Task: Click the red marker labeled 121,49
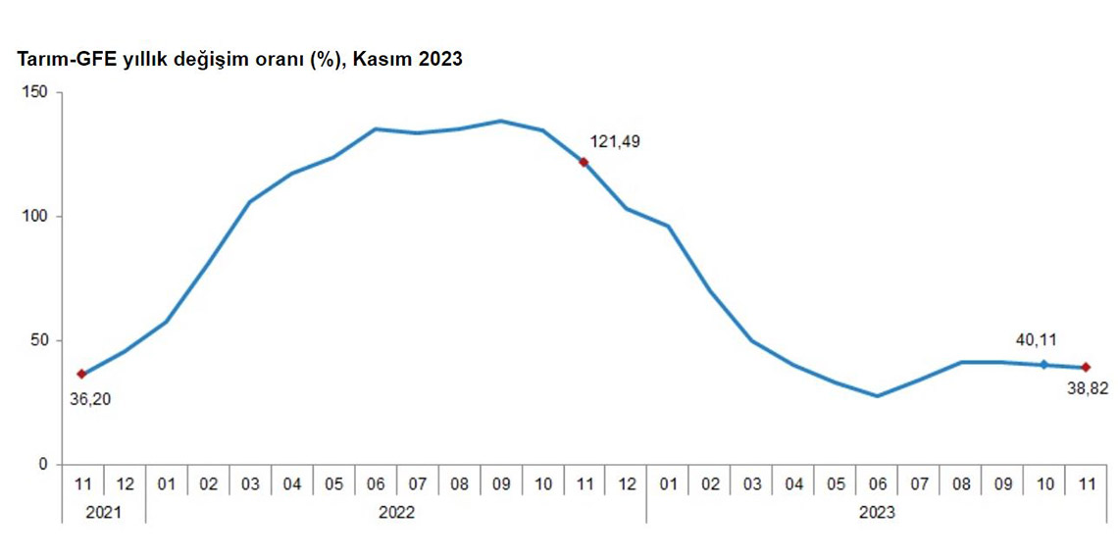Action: pos(584,162)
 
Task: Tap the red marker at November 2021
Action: pos(81,374)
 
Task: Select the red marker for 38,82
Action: pos(1086,367)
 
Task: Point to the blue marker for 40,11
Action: pos(1044,364)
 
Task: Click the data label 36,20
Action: pos(89,398)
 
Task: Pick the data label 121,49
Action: pos(614,142)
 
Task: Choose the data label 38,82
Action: pos(1088,388)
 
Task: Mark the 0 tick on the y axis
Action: pos(42,464)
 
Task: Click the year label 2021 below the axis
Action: pos(103,512)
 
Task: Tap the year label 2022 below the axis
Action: pos(396,512)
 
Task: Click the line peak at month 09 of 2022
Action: pos(500,122)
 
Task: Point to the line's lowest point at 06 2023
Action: pos(877,396)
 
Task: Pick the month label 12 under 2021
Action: pos(124,483)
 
